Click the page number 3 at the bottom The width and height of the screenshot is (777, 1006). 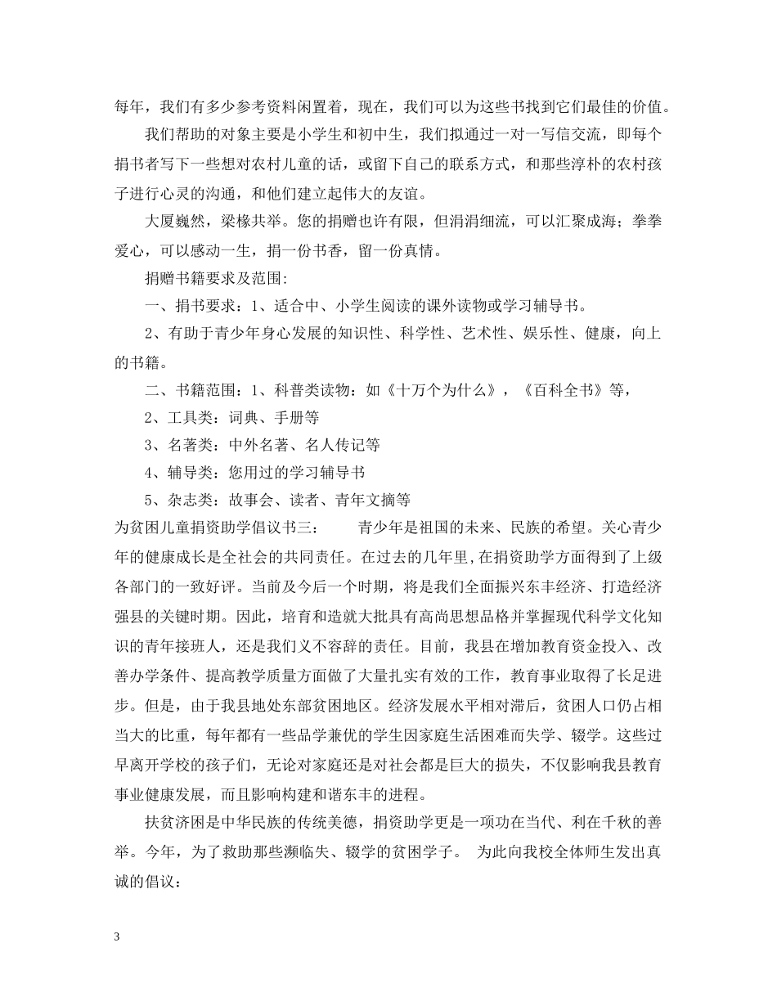[118, 936]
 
